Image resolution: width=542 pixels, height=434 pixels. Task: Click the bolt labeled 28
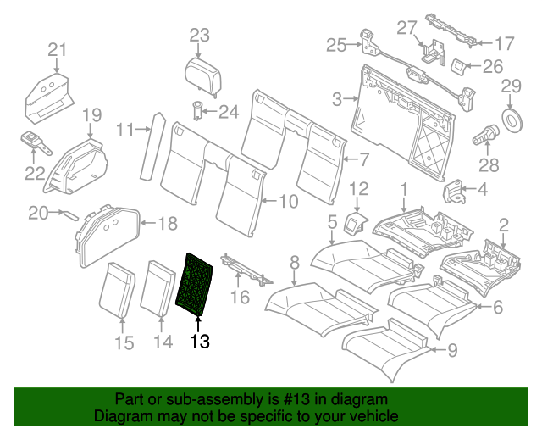489,133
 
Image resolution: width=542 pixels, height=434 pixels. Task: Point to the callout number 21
56,51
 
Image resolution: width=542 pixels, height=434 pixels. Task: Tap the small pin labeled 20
68,215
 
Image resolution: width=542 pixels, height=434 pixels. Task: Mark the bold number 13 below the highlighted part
199,342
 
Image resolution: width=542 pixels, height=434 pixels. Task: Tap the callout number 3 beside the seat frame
337,100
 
